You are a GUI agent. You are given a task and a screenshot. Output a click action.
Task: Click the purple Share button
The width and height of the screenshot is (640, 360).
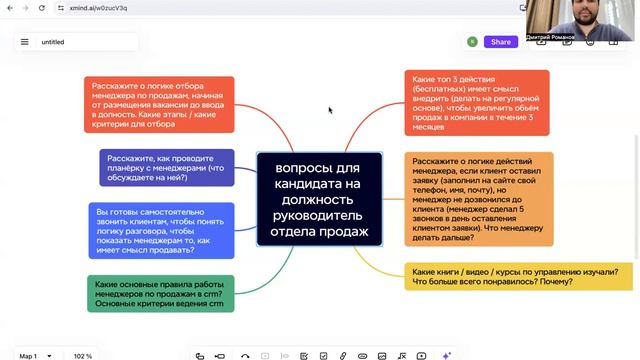coord(500,42)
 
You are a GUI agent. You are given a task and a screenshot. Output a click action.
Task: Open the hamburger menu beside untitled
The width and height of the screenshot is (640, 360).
coord(24,42)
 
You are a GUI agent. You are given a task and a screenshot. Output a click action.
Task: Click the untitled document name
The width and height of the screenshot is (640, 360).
coord(53,42)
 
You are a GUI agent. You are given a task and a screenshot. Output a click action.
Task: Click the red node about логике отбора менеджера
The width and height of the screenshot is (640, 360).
coord(159,105)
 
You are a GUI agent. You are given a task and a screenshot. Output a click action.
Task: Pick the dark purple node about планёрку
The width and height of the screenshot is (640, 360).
coord(167,167)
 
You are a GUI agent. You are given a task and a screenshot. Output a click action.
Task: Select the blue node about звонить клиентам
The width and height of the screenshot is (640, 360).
coord(161,230)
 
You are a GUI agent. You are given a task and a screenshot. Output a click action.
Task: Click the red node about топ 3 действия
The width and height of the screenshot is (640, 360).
coord(477,102)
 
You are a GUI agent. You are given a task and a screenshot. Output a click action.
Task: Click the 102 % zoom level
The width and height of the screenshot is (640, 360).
coord(83,356)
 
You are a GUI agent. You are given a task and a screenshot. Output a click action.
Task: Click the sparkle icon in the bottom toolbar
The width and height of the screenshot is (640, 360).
coord(447,355)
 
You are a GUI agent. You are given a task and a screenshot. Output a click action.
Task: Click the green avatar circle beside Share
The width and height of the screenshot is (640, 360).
coord(472,42)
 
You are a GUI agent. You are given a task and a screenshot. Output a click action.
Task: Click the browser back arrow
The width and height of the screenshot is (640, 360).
coord(10,8)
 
